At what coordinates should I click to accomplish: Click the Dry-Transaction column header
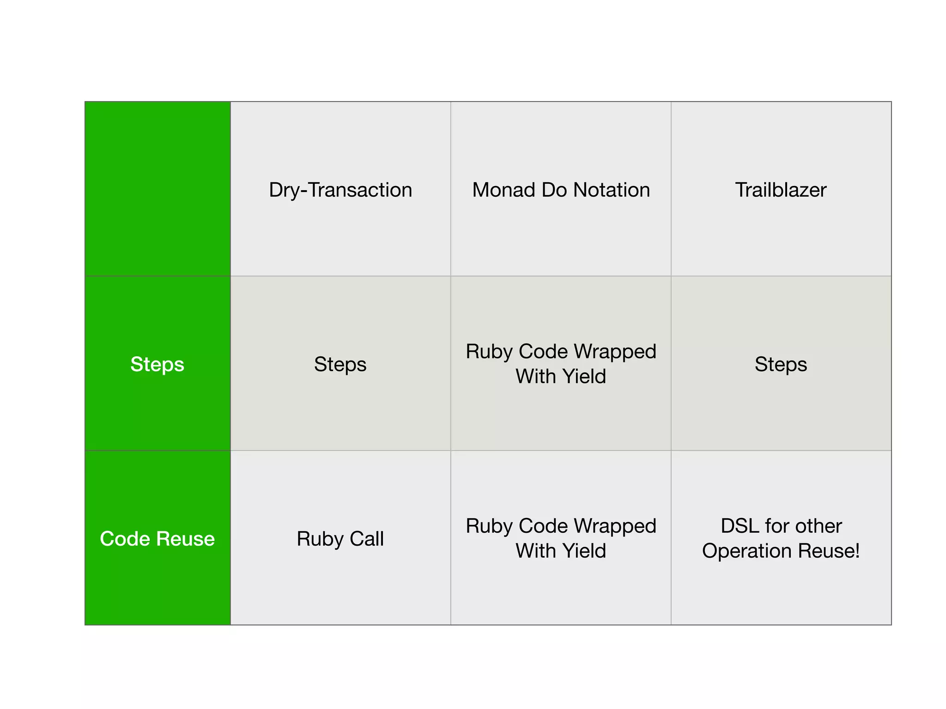coord(340,190)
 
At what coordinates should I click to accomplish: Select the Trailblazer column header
coord(781,190)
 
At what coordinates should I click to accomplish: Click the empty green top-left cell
coord(158,189)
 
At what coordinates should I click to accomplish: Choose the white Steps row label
coord(158,364)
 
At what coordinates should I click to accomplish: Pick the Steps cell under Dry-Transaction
coord(340,364)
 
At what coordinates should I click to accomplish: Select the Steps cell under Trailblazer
coord(781,364)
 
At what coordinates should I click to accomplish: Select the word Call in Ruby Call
coord(366,539)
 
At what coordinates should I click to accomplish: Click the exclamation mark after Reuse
coord(857,551)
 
